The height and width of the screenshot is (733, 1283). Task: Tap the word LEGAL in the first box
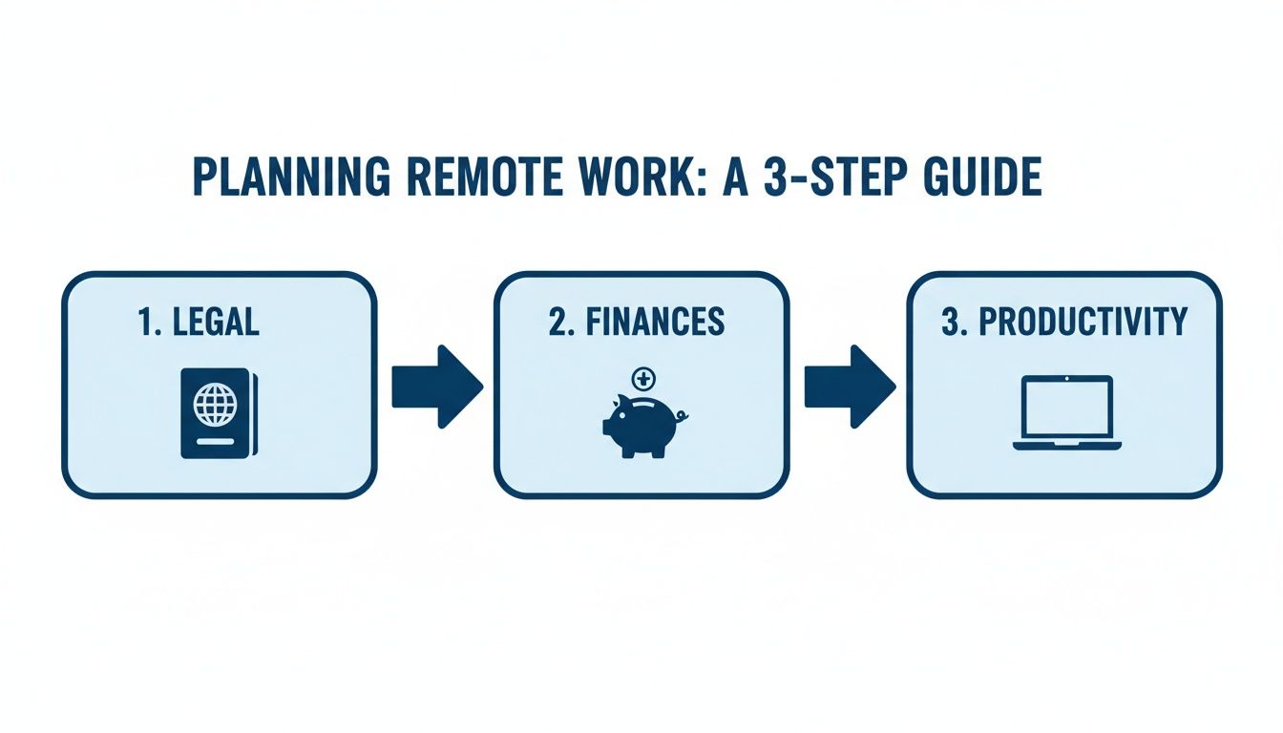click(x=216, y=322)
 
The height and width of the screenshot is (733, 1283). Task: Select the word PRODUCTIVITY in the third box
click(x=1083, y=322)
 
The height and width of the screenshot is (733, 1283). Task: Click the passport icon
click(x=217, y=412)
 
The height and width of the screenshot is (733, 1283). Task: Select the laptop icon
click(x=1066, y=413)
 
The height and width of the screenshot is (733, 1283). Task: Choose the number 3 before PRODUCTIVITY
click(x=952, y=322)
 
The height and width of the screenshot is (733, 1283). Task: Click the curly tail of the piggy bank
click(x=683, y=416)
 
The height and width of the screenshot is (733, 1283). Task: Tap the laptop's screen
click(x=1066, y=407)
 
